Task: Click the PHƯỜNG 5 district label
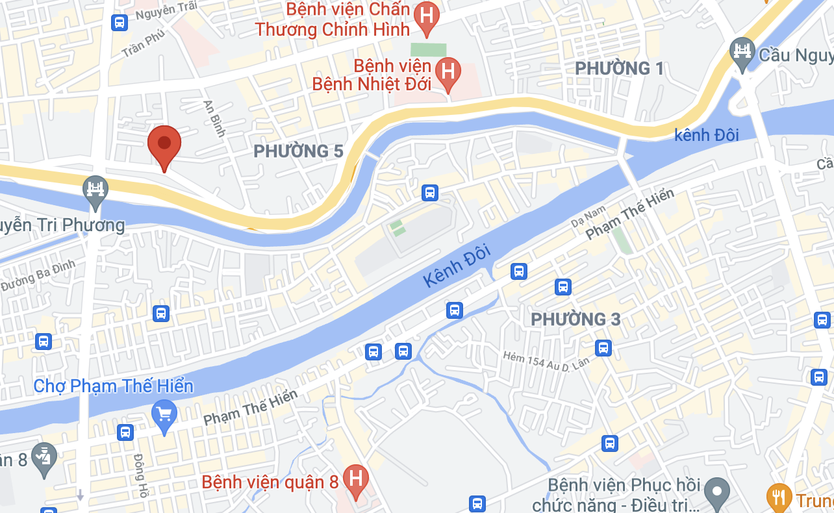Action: tap(298, 151)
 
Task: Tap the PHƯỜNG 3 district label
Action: tap(575, 319)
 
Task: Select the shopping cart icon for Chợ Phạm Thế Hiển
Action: tap(164, 413)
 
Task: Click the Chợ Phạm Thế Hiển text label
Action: tap(114, 386)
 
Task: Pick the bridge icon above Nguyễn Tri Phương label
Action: tap(96, 190)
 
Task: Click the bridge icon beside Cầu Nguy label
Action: tap(741, 50)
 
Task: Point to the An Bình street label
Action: tap(214, 118)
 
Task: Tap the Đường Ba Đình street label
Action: tap(38, 276)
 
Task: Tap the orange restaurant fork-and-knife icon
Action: tap(778, 497)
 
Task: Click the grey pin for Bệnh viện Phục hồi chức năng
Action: tap(717, 491)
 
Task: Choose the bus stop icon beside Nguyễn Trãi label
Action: tap(119, 23)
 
